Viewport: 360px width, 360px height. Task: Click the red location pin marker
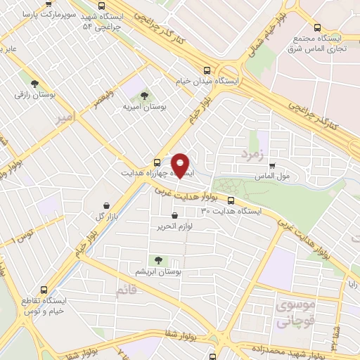(181, 165)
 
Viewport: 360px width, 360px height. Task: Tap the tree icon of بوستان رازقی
(34, 84)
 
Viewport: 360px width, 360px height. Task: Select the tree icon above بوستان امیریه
(145, 96)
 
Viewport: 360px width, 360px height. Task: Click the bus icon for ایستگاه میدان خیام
(206, 71)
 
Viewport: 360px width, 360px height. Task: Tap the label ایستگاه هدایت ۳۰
(231, 210)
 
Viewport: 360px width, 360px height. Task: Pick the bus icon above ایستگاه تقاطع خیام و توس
(44, 289)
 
